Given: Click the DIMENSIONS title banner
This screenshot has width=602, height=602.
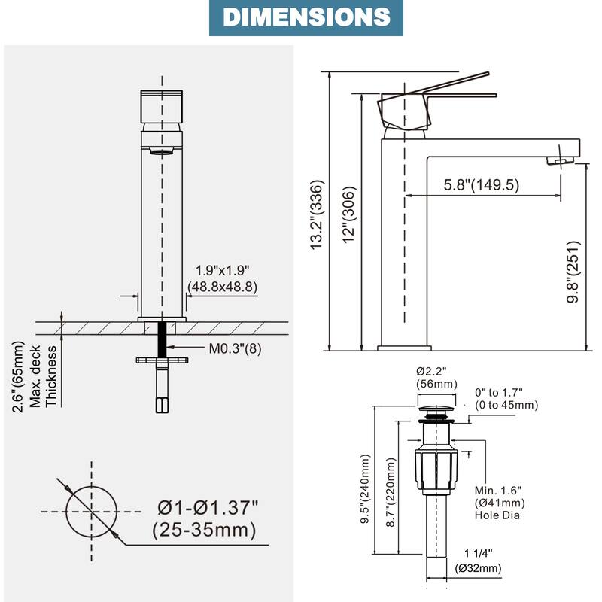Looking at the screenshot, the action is click(306, 17).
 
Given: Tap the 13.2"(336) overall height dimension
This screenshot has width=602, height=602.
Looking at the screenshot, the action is click(318, 214).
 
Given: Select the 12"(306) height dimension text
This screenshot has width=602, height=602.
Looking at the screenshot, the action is click(349, 214).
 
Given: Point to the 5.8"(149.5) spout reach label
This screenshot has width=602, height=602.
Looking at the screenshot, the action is click(482, 184).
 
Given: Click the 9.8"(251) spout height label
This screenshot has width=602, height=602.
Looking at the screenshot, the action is click(573, 272).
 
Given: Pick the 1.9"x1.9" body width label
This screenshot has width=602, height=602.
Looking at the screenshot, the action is click(222, 270).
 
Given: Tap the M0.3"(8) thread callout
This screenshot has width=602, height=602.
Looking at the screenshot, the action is click(235, 348).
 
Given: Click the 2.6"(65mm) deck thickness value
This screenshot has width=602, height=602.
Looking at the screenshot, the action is click(18, 377).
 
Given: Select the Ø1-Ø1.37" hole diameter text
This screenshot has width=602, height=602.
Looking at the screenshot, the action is click(208, 507).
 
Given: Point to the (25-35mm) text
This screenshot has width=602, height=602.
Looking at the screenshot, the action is click(204, 531).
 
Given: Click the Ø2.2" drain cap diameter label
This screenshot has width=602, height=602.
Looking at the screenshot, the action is click(431, 371).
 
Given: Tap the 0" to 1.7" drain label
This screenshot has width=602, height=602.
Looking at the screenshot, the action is click(499, 392).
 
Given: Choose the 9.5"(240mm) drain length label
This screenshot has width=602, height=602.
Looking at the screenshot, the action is click(365, 488).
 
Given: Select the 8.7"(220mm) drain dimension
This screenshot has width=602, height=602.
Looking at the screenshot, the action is click(391, 492).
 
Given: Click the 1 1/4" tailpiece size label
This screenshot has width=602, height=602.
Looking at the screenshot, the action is click(478, 553).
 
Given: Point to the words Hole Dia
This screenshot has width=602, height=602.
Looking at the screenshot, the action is click(497, 515).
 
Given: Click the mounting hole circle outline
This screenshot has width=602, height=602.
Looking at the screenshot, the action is click(91, 512).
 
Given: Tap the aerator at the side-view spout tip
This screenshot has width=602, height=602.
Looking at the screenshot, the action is click(560, 160).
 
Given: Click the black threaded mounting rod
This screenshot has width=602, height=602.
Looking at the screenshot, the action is click(162, 340).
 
